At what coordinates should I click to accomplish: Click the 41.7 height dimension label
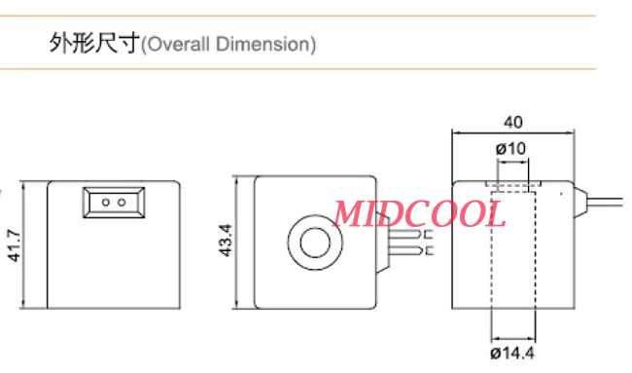pyautogui.click(x=15, y=245)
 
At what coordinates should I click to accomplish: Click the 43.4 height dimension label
pyautogui.click(x=226, y=241)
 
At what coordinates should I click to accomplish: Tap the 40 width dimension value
pyautogui.click(x=513, y=122)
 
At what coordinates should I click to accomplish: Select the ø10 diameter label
pyautogui.click(x=510, y=149)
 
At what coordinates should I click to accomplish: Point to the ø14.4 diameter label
pyautogui.click(x=512, y=354)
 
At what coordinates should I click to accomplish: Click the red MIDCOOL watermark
pyautogui.click(x=419, y=214)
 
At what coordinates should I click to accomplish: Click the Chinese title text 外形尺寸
pyautogui.click(x=94, y=43)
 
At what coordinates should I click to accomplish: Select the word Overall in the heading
pyautogui.click(x=179, y=44)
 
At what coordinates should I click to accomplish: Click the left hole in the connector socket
pyautogui.click(x=106, y=203)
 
